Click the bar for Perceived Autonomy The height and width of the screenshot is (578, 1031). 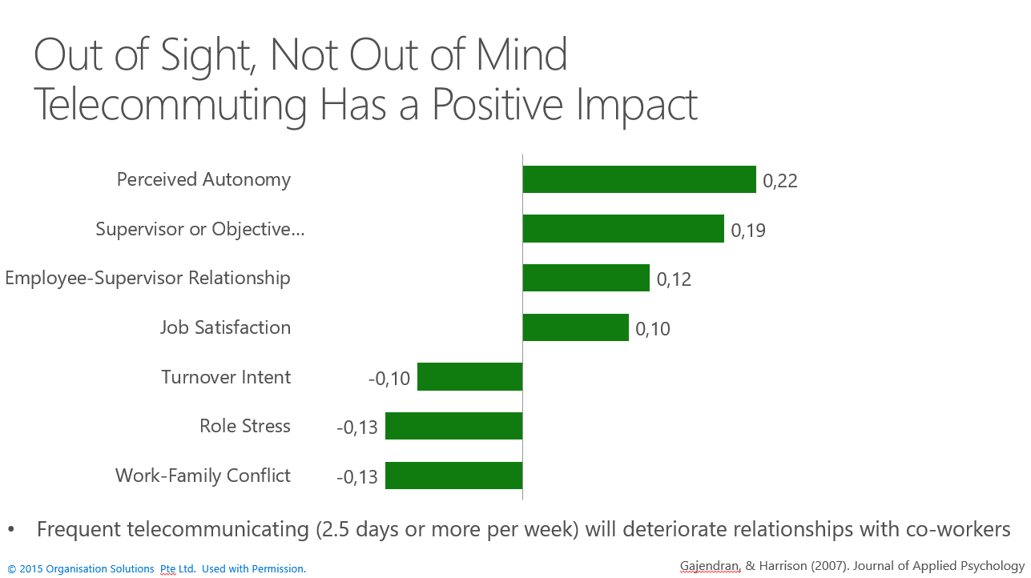pyautogui.click(x=639, y=179)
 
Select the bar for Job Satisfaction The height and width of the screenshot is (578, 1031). pyautogui.click(x=575, y=327)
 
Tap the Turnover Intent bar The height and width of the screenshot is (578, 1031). pyautogui.click(x=469, y=376)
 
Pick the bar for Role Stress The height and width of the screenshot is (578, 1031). pyautogui.click(x=453, y=426)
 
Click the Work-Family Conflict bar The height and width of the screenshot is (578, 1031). pyautogui.click(x=453, y=476)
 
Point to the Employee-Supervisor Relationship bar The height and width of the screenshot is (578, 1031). pyautogui.click(x=586, y=278)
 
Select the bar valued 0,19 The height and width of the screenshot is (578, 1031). pyautogui.click(x=623, y=229)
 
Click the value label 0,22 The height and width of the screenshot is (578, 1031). pyautogui.click(x=779, y=181)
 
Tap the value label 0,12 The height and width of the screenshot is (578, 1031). pyautogui.click(x=674, y=279)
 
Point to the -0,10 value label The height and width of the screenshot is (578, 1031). pyautogui.click(x=389, y=379)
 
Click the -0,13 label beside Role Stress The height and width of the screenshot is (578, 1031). pyautogui.click(x=357, y=428)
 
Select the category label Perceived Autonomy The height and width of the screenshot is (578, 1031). pyautogui.click(x=203, y=179)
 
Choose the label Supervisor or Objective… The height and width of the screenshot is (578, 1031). pyautogui.click(x=200, y=230)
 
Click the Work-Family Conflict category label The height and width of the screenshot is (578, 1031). pyautogui.click(x=203, y=476)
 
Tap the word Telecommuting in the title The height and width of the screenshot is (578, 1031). pyautogui.click(x=169, y=105)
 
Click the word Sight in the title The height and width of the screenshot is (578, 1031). pyautogui.click(x=203, y=56)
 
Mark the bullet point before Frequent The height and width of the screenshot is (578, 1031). pyautogui.click(x=11, y=530)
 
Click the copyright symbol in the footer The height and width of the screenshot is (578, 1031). pyautogui.click(x=11, y=569)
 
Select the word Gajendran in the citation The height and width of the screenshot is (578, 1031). pyautogui.click(x=710, y=565)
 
